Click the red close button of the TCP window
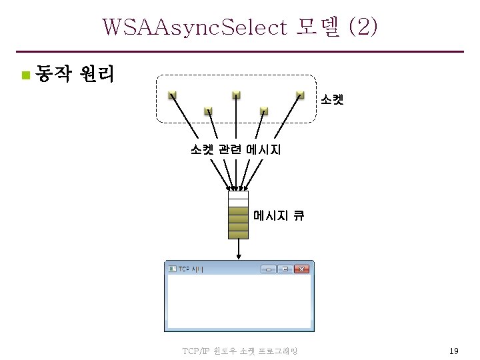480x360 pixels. click(x=301, y=269)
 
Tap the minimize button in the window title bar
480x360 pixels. click(x=269, y=269)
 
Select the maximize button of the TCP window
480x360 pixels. click(x=285, y=269)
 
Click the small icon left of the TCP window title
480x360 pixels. click(x=172, y=269)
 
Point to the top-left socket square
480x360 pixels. click(x=171, y=95)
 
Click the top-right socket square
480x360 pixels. click(x=301, y=95)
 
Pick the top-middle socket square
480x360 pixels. click(x=236, y=95)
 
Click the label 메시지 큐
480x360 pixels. click(x=279, y=215)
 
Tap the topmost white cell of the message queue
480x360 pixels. click(x=238, y=195)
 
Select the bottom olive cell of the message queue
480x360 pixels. click(x=238, y=235)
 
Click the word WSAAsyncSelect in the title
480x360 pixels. click(x=194, y=27)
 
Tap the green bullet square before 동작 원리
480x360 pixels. click(x=25, y=74)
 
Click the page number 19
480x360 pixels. click(x=453, y=351)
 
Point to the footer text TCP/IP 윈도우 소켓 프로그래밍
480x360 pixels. click(x=239, y=351)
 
